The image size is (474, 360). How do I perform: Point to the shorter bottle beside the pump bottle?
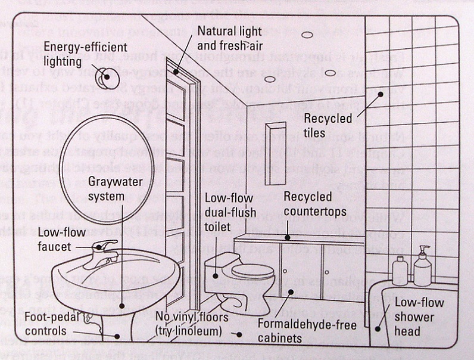click(x=399, y=271)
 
